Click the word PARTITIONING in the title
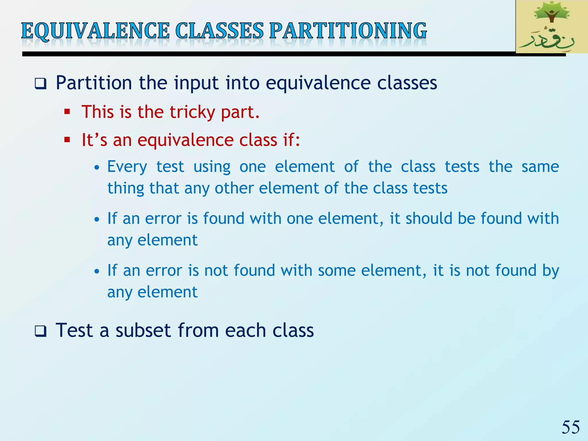[x=348, y=31]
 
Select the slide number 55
[x=570, y=427]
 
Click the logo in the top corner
[x=552, y=27]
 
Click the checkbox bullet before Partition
[x=40, y=84]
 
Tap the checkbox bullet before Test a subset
[x=40, y=331]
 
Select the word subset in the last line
[x=144, y=330]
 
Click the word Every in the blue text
[x=127, y=167]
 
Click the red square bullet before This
[x=67, y=112]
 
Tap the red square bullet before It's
[x=67, y=140]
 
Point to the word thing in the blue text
[x=125, y=188]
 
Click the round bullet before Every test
[x=97, y=167]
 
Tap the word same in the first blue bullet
[x=540, y=167]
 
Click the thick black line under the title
[x=258, y=54]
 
